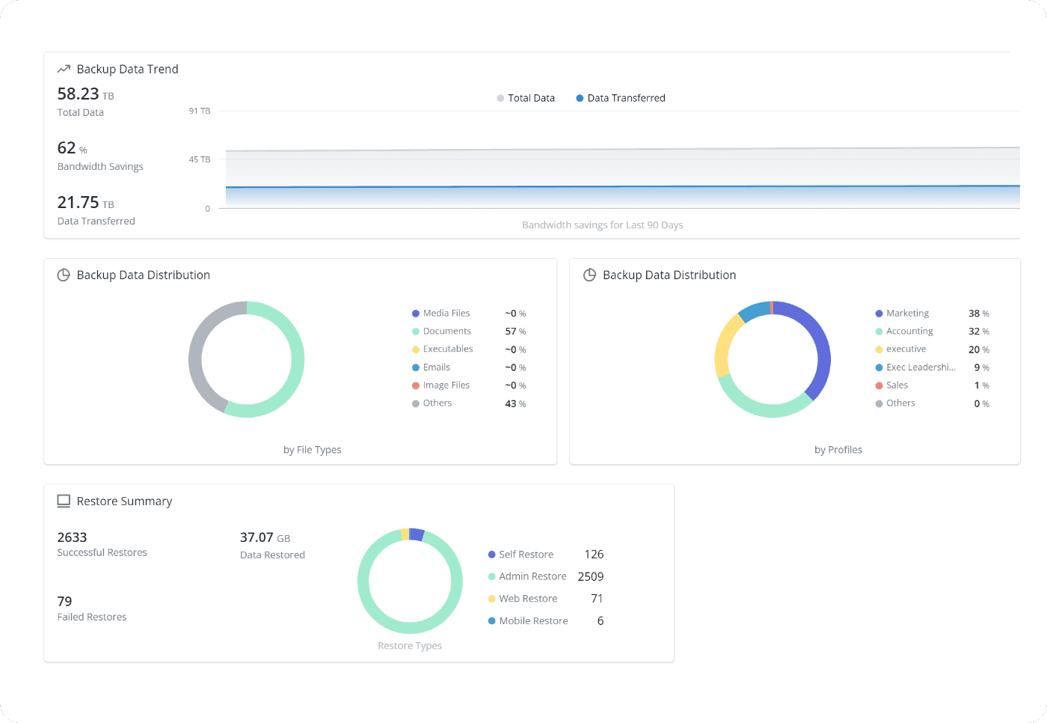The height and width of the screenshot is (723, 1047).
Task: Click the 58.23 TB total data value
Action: click(x=85, y=94)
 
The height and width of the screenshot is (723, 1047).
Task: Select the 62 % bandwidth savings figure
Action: click(x=72, y=148)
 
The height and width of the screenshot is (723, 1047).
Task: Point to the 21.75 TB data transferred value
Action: click(x=85, y=203)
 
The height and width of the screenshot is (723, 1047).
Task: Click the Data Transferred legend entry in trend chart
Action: click(x=621, y=98)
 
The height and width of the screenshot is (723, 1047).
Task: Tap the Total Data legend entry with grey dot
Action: click(x=526, y=98)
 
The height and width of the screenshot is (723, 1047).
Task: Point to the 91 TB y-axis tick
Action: click(x=200, y=111)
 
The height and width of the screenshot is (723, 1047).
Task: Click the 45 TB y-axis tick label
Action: click(x=200, y=159)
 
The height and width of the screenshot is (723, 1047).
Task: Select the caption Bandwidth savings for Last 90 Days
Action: click(x=602, y=225)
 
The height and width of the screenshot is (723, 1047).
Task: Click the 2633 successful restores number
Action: click(x=72, y=537)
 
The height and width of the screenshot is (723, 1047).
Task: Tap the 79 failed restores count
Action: click(x=65, y=602)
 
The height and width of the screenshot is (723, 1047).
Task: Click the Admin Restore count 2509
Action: click(x=590, y=577)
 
